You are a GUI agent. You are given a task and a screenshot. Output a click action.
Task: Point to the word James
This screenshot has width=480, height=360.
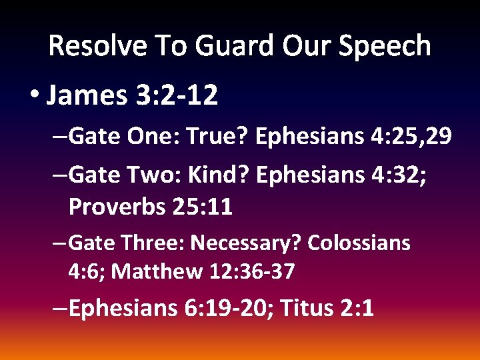click(85, 97)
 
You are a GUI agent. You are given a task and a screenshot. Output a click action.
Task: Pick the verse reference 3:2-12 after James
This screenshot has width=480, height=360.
click(176, 97)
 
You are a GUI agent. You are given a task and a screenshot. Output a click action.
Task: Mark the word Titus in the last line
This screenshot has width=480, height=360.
click(307, 309)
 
